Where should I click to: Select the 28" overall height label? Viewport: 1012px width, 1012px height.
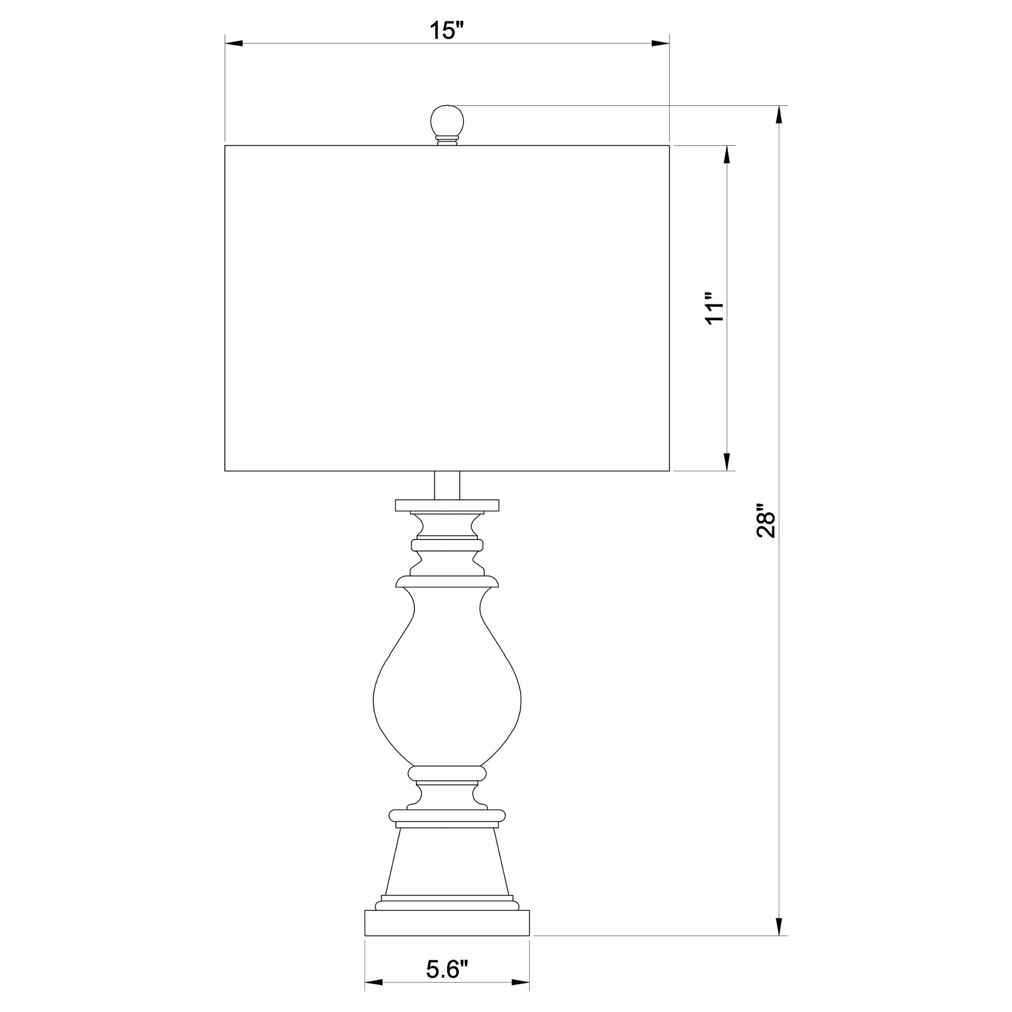tap(766, 521)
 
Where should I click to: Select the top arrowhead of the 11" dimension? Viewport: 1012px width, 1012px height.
tap(727, 155)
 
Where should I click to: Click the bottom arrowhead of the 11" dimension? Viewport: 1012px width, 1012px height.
tap(727, 461)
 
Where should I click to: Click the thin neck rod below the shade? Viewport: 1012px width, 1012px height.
tap(447, 485)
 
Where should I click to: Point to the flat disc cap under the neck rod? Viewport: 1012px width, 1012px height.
tap(447, 506)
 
